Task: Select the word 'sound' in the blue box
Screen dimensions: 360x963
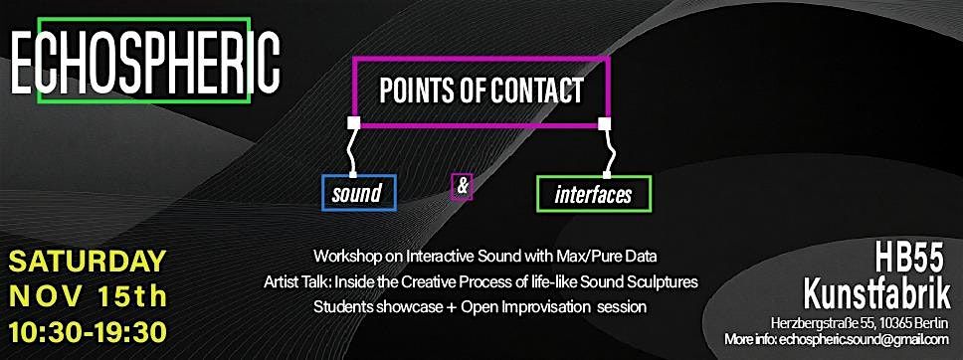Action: pos(357,193)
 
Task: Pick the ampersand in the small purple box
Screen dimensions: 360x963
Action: pos(461,186)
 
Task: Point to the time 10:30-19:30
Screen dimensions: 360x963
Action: pos(88,329)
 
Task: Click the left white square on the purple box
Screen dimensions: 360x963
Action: pos(352,124)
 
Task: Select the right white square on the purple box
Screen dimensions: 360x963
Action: pos(603,124)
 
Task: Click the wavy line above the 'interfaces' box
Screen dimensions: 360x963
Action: pos(612,151)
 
